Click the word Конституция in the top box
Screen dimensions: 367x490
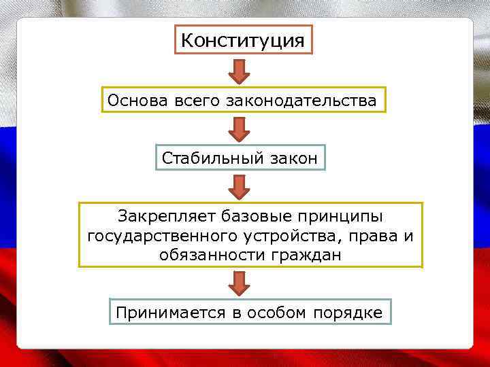(x=244, y=40)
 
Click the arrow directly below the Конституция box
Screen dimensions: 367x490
(x=239, y=70)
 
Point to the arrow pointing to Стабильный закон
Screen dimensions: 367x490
(x=239, y=128)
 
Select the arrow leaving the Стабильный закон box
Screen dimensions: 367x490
(x=239, y=186)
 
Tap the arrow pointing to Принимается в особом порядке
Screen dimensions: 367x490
(x=239, y=283)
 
